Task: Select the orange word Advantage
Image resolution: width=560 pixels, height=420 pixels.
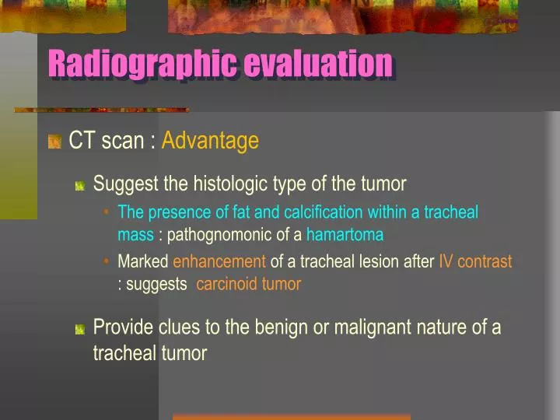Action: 210,141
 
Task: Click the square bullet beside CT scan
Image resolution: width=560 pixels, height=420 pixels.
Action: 54,142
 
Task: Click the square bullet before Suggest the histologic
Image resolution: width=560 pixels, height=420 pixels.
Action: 79,186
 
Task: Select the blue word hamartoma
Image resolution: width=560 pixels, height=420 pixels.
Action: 345,234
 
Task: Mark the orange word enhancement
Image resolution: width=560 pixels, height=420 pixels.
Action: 219,262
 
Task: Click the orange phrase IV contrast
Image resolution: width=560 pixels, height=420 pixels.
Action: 475,262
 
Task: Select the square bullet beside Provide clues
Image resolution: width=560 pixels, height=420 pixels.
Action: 79,329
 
